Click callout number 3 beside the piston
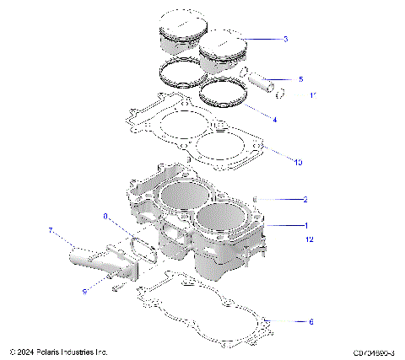click(286, 39)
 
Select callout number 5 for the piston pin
click(300, 79)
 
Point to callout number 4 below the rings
click(274, 120)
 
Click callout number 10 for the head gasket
click(297, 160)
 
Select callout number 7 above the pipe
click(51, 230)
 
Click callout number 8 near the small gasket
click(105, 217)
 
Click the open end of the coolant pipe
click(78, 250)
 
